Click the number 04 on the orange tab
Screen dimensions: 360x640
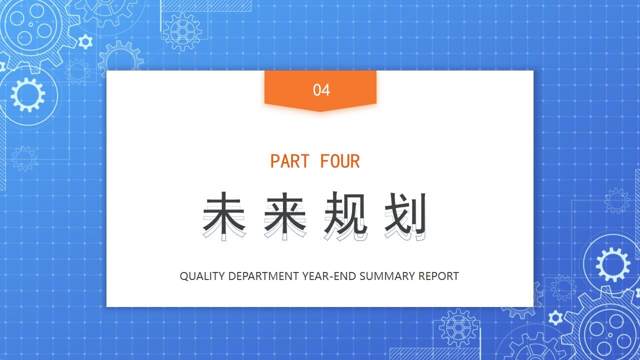(321, 90)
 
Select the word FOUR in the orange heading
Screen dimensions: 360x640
(340, 161)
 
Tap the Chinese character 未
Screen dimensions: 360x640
(224, 215)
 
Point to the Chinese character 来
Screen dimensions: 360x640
(284, 215)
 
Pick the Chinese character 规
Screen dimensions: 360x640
(345, 215)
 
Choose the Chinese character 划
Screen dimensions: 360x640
(406, 215)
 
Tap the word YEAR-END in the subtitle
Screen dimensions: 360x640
(328, 276)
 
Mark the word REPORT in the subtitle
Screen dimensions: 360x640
(438, 276)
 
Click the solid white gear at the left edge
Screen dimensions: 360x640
(27, 94)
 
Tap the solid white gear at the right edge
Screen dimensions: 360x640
(613, 264)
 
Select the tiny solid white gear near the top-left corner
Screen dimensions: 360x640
(85, 41)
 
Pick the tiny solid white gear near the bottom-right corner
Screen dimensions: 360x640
(555, 317)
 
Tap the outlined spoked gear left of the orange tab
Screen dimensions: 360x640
(182, 32)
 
